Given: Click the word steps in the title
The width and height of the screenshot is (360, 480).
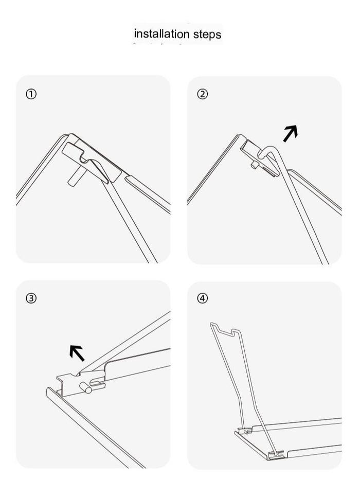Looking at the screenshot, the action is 207,34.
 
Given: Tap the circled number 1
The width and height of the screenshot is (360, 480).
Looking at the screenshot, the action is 31,94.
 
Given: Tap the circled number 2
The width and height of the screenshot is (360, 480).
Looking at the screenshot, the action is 202,94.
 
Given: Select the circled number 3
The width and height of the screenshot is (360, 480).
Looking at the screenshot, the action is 31,298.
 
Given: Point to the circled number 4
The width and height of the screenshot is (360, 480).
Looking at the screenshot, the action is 202,298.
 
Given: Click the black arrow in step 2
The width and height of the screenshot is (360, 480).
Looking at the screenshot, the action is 290,133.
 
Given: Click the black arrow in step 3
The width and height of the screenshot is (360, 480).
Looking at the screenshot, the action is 77,353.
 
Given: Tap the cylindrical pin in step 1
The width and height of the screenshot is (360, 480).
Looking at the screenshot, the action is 75,176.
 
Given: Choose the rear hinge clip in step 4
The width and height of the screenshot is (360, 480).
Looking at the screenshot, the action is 245,431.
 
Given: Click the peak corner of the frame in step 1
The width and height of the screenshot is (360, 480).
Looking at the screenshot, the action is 69,136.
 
